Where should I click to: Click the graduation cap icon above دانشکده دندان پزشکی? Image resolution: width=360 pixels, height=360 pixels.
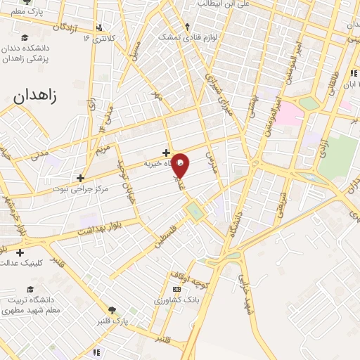point(25,38)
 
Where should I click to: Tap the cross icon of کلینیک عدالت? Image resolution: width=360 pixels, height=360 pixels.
point(20,252)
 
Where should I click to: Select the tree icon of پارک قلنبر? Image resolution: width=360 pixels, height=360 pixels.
point(111,310)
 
